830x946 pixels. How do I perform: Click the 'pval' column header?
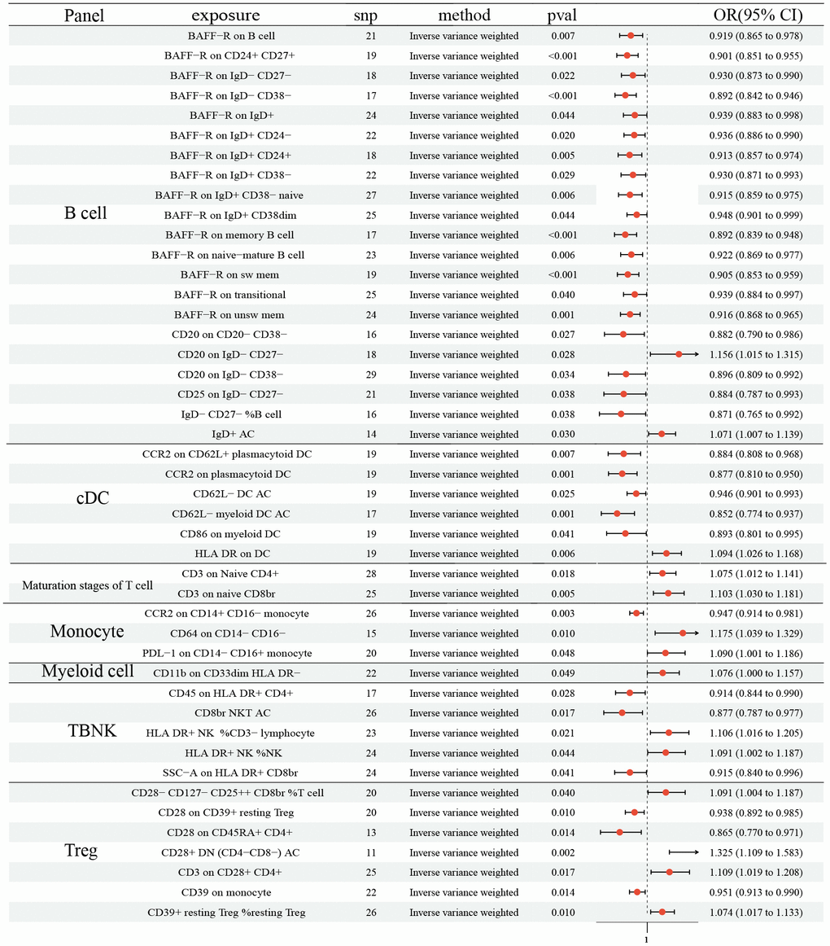pos(561,15)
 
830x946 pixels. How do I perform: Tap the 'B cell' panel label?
pos(85,214)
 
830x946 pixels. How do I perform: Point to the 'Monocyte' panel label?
pos(86,632)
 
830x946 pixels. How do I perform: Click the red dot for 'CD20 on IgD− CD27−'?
pos(679,354)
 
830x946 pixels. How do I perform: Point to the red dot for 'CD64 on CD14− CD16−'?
pos(683,633)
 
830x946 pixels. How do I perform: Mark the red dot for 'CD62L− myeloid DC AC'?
pos(617,514)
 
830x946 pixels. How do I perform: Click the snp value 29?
pos(371,374)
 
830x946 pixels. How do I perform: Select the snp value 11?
pos(371,852)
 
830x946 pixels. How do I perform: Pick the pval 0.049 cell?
pos(562,672)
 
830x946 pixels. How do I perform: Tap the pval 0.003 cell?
pos(562,613)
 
